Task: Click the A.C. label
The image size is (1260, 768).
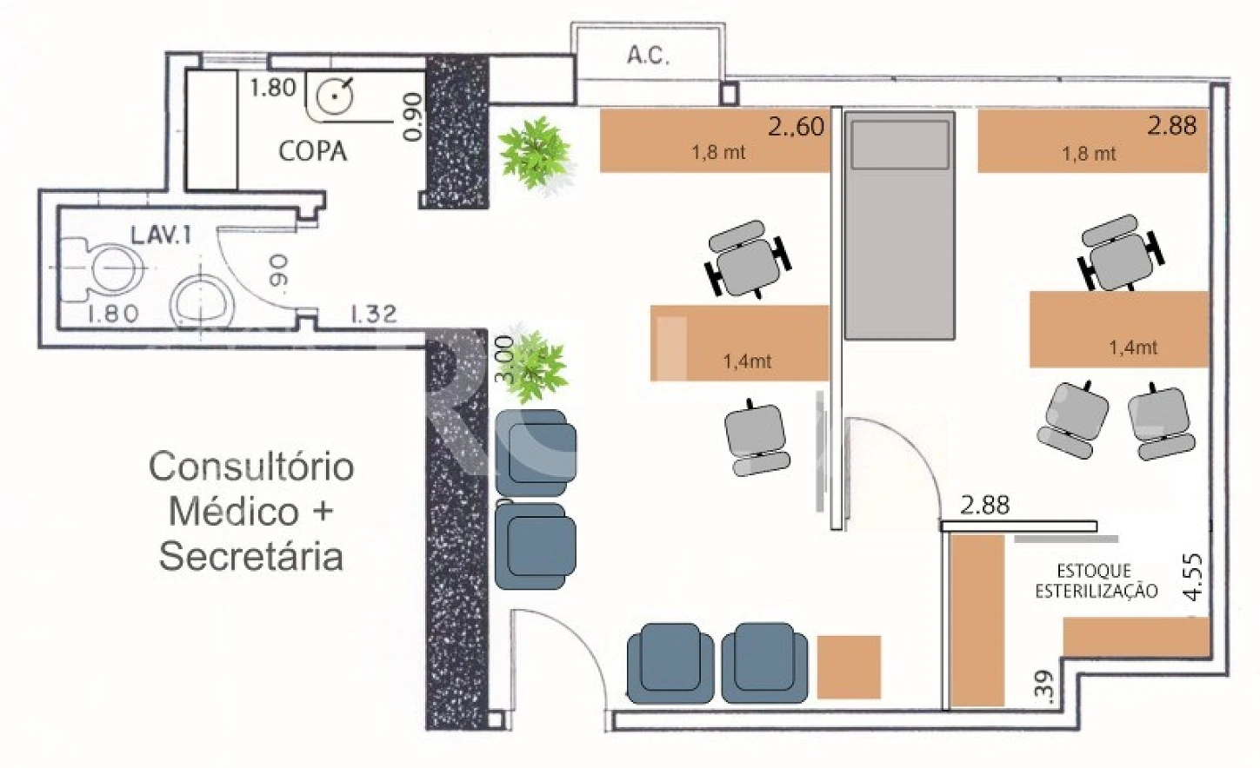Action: click(x=648, y=56)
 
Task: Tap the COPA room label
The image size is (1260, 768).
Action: click(x=313, y=151)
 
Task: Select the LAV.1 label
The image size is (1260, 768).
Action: click(x=161, y=235)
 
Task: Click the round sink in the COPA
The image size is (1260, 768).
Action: click(x=334, y=96)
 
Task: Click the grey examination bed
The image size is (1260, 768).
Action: click(x=899, y=225)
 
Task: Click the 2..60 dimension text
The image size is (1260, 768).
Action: click(x=796, y=127)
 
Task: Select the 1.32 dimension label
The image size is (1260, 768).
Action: click(x=374, y=314)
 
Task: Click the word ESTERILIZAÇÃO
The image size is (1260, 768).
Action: click(x=1097, y=591)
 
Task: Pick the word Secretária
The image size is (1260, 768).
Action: click(x=251, y=556)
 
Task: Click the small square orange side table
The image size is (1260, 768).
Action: click(x=849, y=667)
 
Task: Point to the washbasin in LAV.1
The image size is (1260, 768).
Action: click(x=202, y=301)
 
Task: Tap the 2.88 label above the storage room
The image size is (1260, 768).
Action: click(x=984, y=505)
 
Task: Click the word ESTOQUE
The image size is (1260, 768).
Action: click(x=1094, y=572)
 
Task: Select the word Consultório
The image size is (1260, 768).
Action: click(x=251, y=467)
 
